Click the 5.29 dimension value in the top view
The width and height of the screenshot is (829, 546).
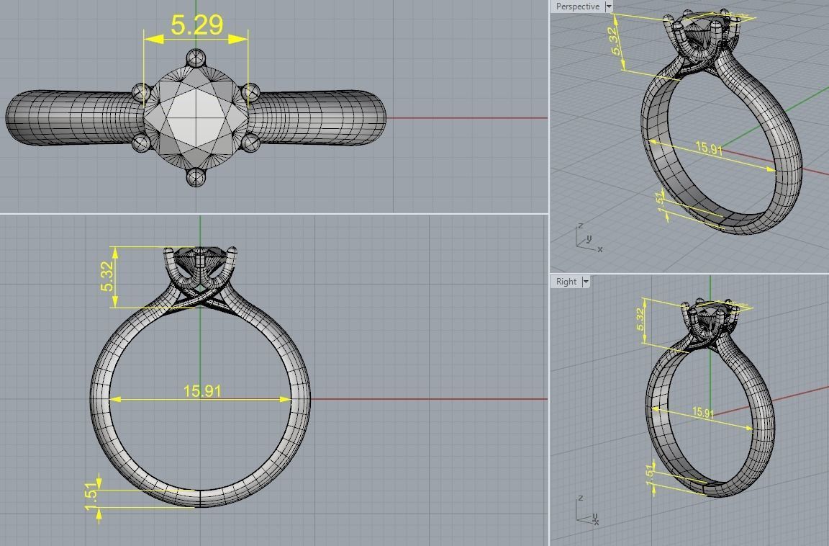196,24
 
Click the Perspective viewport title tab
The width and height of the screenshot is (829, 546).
577,6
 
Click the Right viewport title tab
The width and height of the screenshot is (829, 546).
566,282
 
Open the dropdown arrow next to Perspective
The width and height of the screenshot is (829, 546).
609,6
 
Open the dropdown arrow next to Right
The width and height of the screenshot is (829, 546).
586,282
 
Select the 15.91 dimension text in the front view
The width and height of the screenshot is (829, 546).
202,390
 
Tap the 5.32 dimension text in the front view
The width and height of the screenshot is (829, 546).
107,277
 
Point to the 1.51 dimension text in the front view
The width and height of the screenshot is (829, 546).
91,496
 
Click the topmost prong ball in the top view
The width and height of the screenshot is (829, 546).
196,58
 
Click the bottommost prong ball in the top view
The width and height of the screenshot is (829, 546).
196,176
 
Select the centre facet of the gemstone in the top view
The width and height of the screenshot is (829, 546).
196,115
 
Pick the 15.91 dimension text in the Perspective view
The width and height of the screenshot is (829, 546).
709,148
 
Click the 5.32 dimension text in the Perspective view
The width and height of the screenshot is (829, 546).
616,41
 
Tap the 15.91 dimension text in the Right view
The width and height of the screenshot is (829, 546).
703,413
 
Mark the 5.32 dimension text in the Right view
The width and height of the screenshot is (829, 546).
640,320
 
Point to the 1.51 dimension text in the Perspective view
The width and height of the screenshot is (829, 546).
661,199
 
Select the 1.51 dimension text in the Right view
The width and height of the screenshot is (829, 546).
650,473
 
